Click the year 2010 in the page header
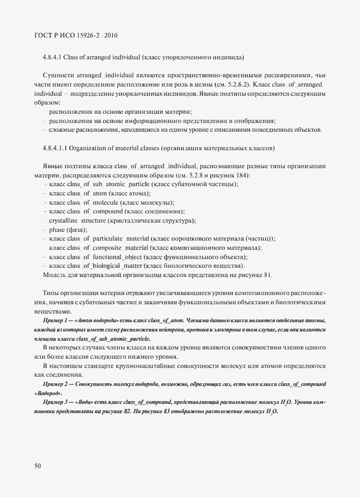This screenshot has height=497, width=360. [109, 35]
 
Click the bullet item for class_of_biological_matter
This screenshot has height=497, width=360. [144, 266]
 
